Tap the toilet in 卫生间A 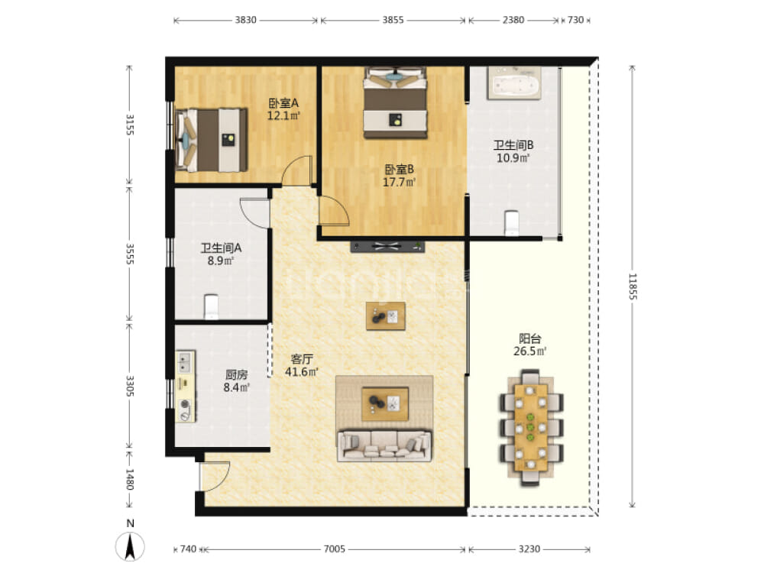[x=211, y=306]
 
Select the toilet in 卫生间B [x=512, y=222]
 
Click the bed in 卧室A [x=211, y=140]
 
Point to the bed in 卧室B [x=395, y=103]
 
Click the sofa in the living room [x=384, y=445]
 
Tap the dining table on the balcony [x=531, y=428]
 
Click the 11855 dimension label [x=633, y=286]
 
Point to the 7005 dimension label [x=335, y=549]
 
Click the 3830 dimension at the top [x=245, y=20]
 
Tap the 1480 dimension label [x=130, y=479]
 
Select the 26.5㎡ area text [x=529, y=351]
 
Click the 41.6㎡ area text [x=302, y=372]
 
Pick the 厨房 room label [x=236, y=374]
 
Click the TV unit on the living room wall [x=387, y=247]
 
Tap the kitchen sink [x=185, y=362]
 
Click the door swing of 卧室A [x=296, y=170]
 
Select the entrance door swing [x=215, y=475]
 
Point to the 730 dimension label [x=575, y=20]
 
